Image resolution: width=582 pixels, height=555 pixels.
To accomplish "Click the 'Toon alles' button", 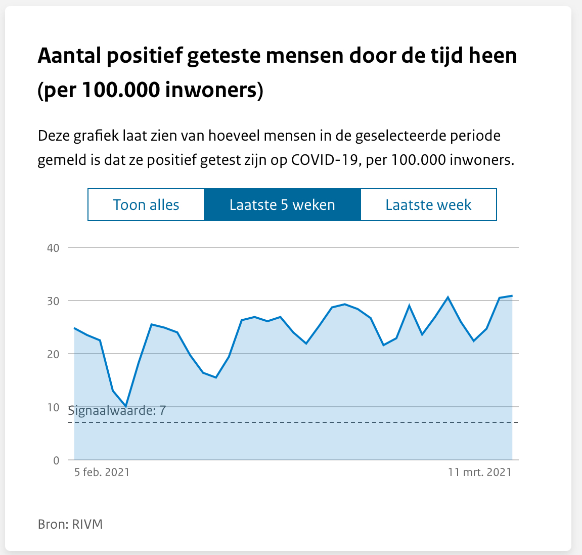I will [x=146, y=205].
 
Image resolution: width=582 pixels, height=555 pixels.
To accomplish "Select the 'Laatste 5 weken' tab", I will [x=282, y=205].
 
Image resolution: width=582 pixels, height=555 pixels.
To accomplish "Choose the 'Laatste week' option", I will [x=428, y=205].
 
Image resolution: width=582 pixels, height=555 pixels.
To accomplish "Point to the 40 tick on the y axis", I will [x=54, y=248].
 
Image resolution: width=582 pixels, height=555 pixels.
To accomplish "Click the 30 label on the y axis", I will [x=54, y=301].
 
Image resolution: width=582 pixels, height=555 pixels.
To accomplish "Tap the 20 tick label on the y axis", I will [x=54, y=354].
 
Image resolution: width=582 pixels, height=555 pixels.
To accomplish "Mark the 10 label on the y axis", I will [x=54, y=407].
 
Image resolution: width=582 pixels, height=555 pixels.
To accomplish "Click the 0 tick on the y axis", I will [x=56, y=460].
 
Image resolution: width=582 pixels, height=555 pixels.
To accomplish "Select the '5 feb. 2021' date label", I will [x=102, y=472].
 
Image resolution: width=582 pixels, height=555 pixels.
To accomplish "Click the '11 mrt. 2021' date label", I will [x=479, y=472].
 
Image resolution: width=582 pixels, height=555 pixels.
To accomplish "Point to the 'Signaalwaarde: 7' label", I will [x=117, y=410].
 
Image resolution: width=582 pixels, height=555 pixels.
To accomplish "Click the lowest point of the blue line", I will [x=126, y=406].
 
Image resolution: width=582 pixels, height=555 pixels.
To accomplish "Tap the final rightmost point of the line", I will [x=512, y=295].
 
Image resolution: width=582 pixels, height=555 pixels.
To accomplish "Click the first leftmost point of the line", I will [x=75, y=328].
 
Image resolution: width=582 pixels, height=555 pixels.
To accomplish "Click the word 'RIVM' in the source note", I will [x=88, y=524].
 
